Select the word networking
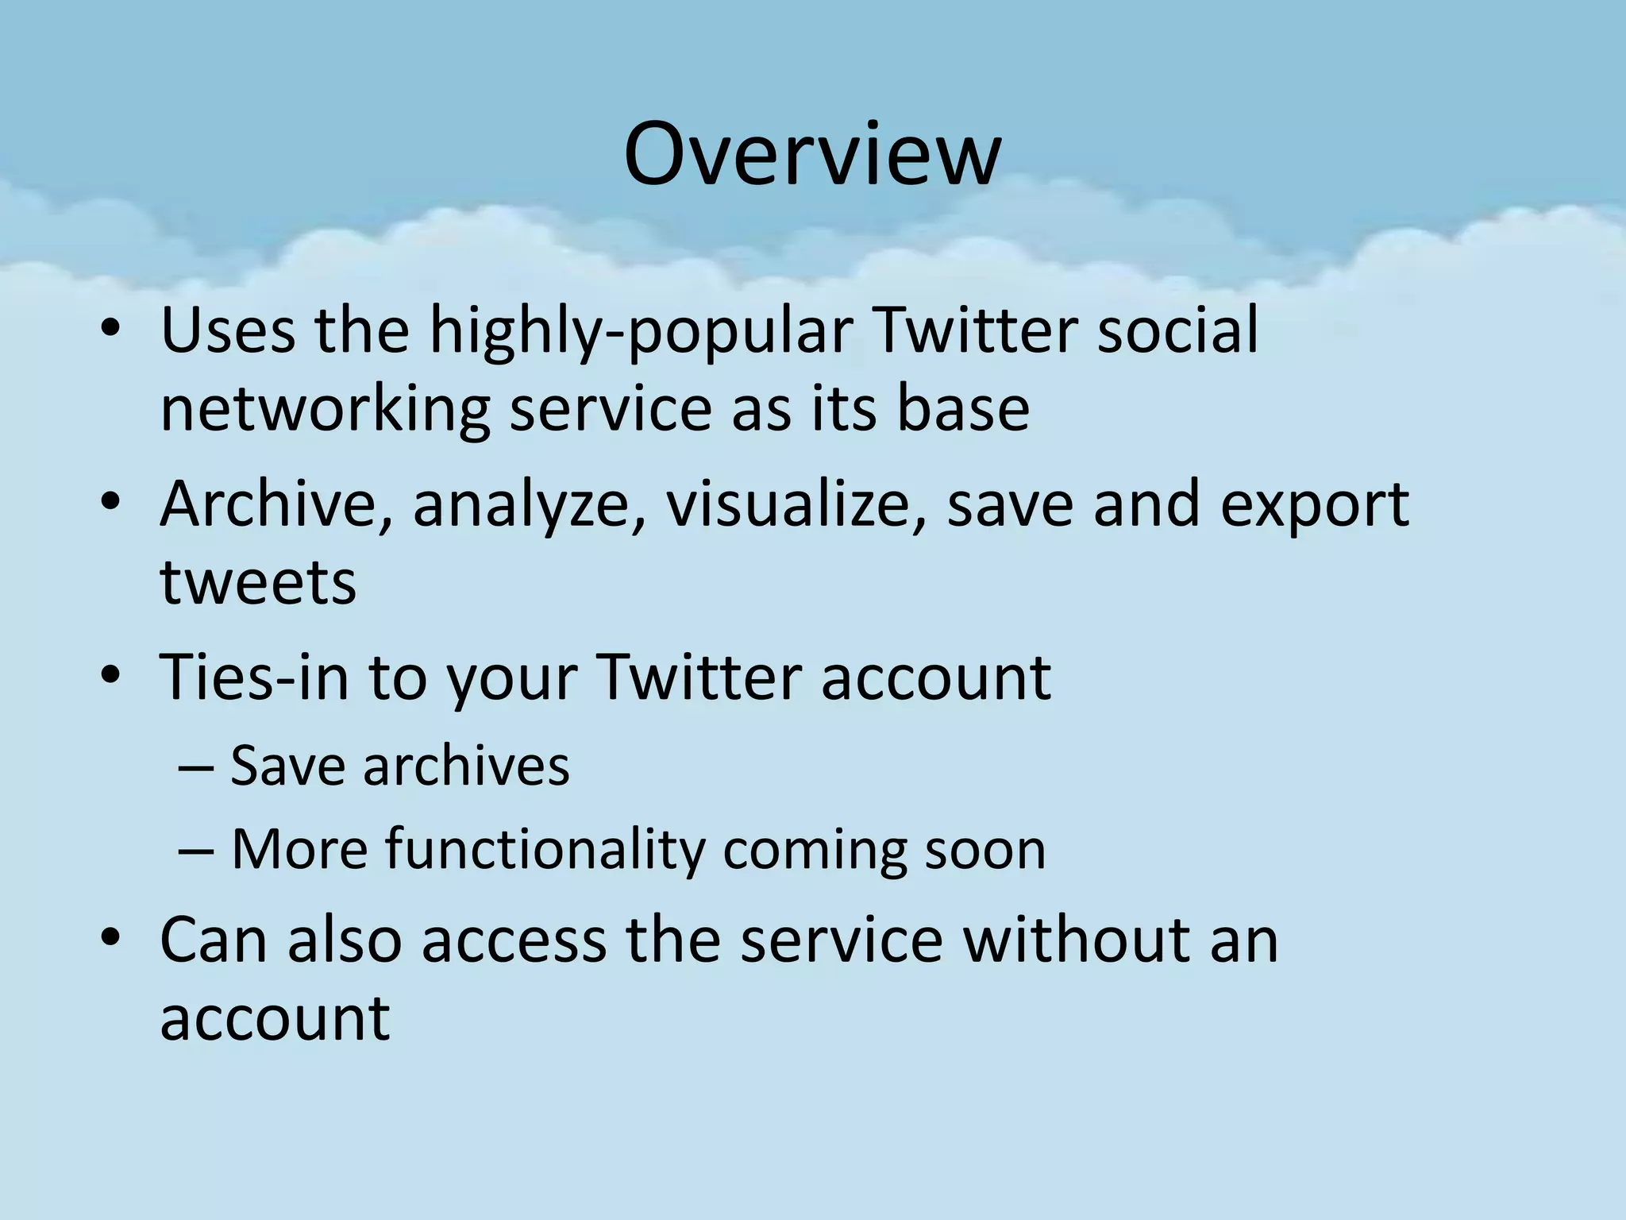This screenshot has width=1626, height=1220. click(325, 410)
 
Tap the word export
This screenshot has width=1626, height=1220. click(1314, 505)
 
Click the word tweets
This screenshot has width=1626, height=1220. click(258, 583)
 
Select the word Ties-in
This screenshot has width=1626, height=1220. click(254, 677)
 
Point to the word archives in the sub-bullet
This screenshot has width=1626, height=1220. click(466, 766)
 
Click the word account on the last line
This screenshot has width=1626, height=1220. click(275, 1018)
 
